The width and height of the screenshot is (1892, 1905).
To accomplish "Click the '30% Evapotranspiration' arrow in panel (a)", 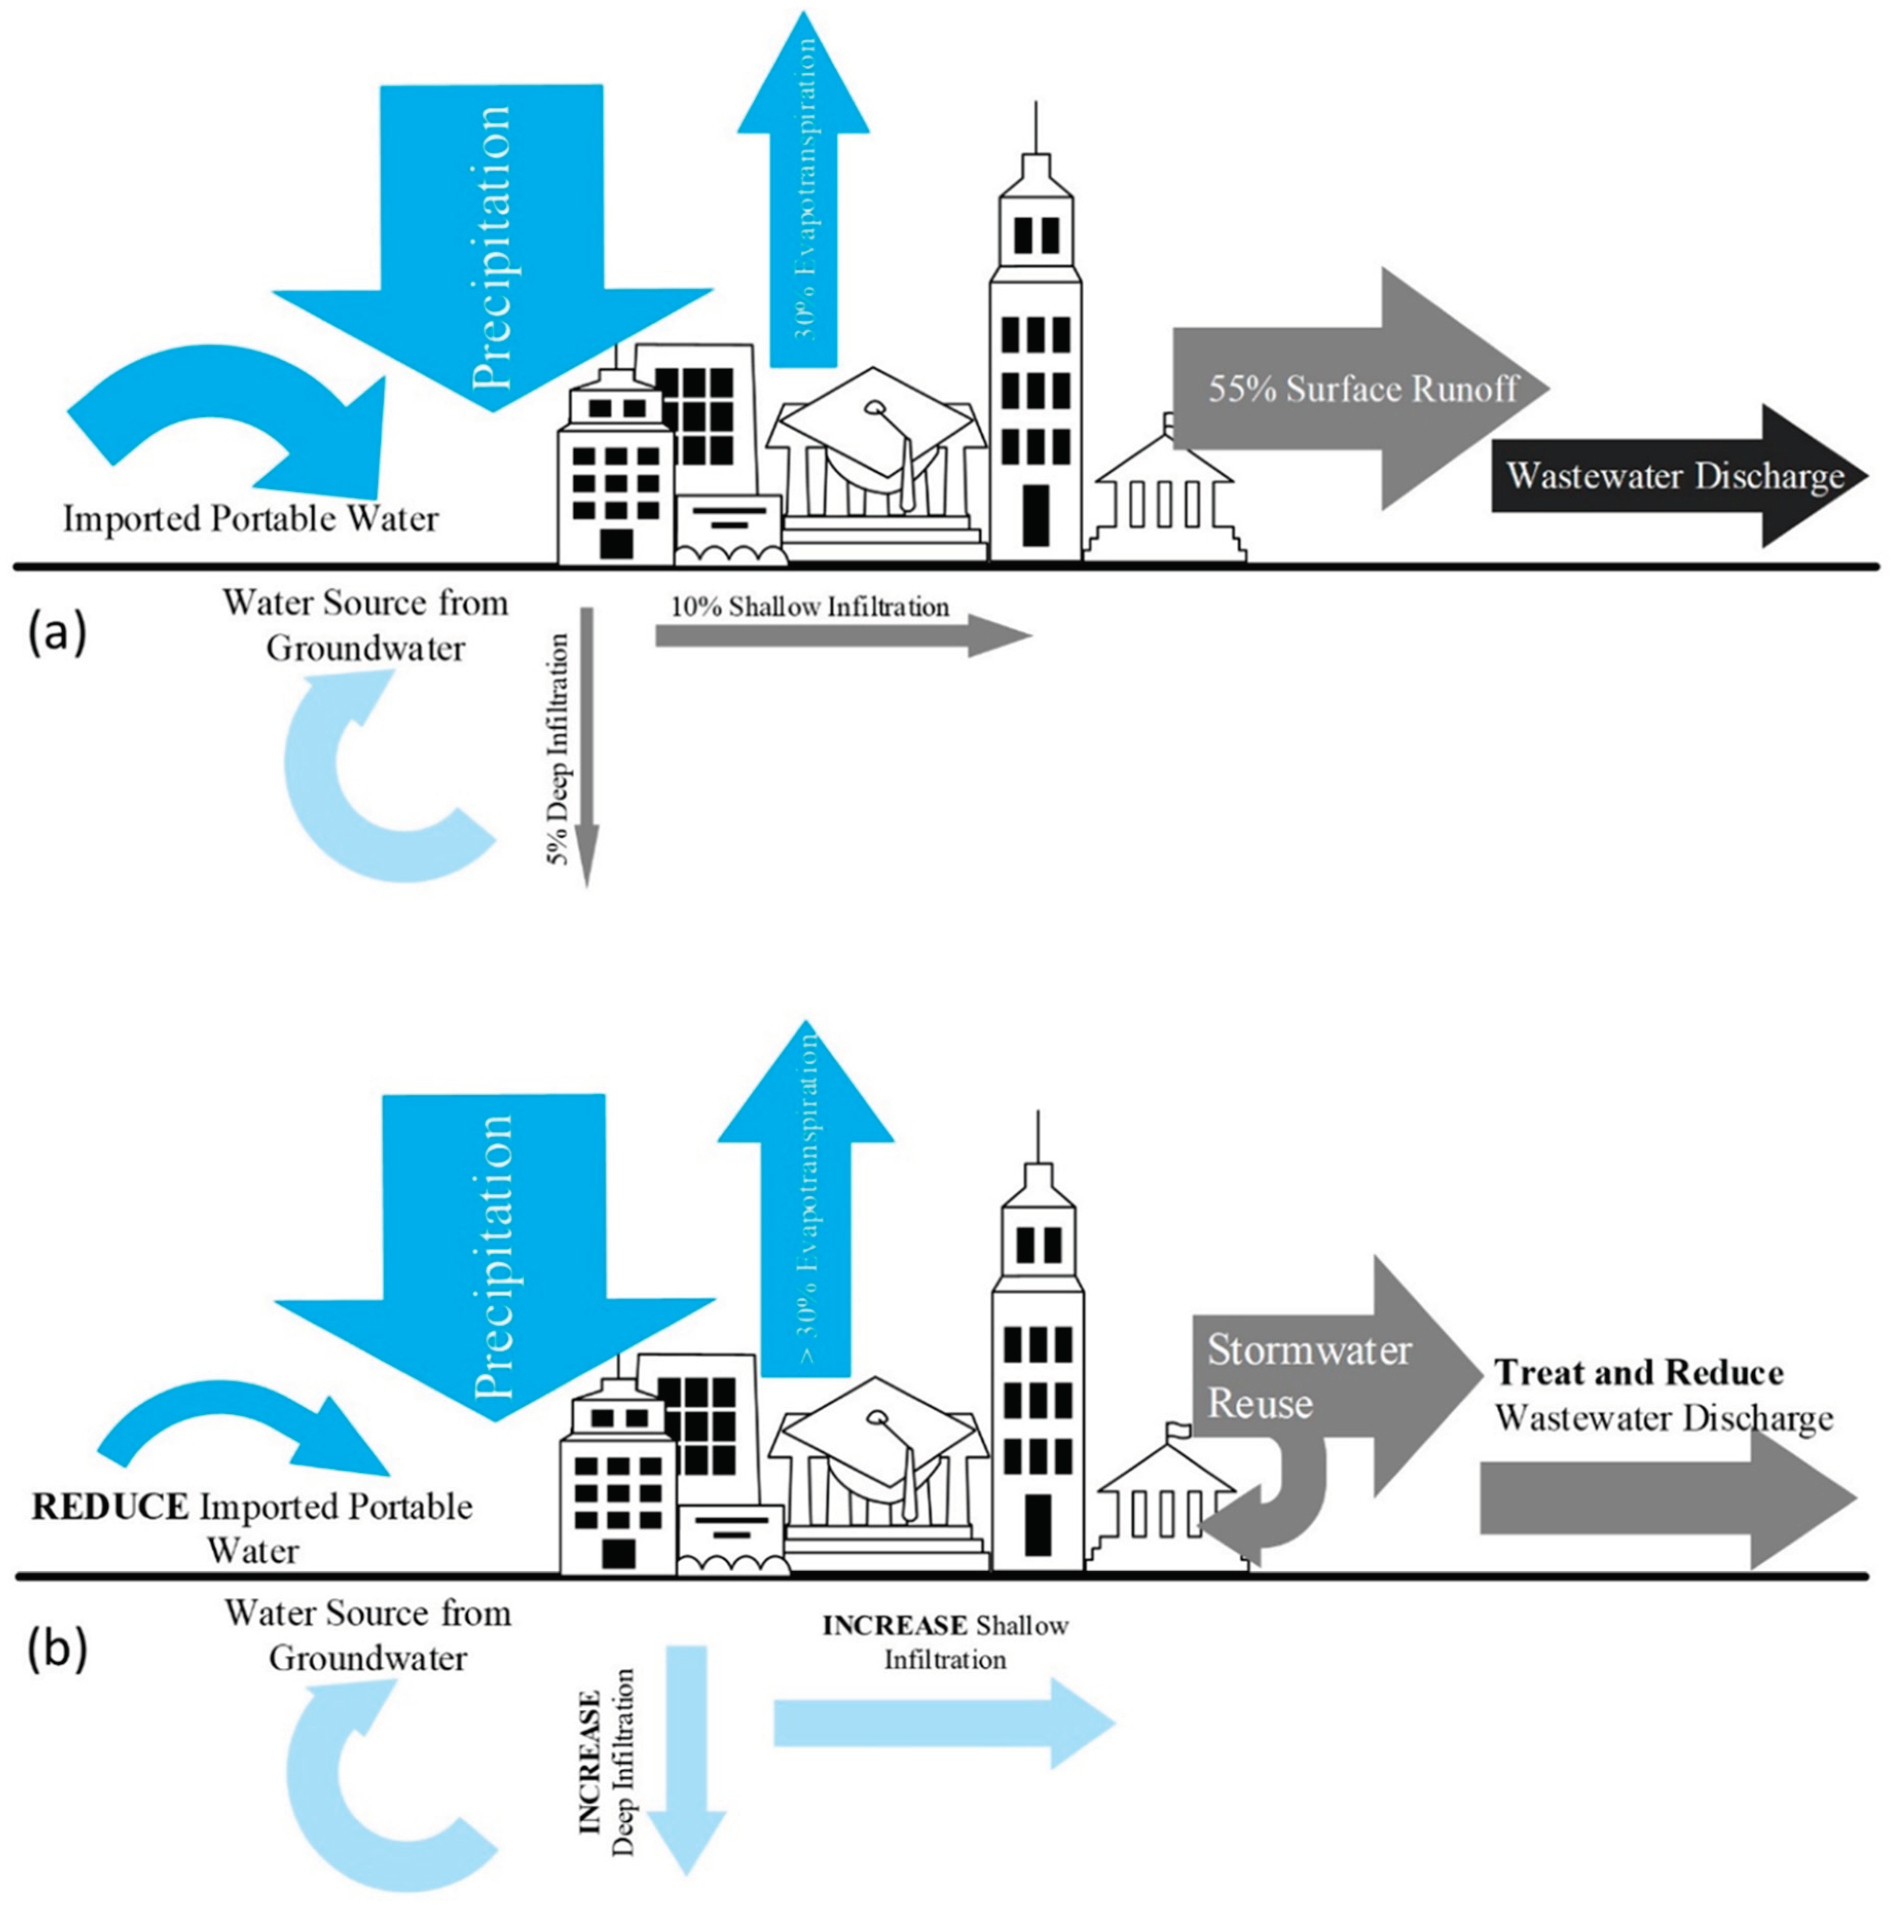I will tap(804, 197).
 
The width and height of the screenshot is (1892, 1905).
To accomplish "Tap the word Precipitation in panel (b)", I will tap(493, 1257).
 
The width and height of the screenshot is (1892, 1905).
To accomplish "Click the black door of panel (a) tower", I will tap(1035, 515).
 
